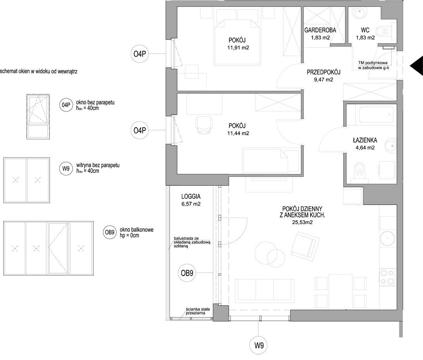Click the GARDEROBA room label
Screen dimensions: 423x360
click(x=320, y=30)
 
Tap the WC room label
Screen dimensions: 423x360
click(x=365, y=30)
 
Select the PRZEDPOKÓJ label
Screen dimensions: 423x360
click(x=323, y=72)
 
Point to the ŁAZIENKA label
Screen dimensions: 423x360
click(x=365, y=140)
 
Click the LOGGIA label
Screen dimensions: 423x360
click(x=191, y=197)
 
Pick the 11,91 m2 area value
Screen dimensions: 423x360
click(x=238, y=48)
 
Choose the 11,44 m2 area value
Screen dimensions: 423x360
click(x=238, y=133)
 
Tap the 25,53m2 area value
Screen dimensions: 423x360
click(x=302, y=223)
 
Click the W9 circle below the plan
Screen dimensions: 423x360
click(x=259, y=345)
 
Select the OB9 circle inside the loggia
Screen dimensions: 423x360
click(x=187, y=273)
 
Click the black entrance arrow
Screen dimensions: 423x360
click(x=416, y=66)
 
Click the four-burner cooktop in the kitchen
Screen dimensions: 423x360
click(x=387, y=278)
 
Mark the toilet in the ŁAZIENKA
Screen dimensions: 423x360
click(x=359, y=171)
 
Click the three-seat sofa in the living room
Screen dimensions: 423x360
click(x=265, y=291)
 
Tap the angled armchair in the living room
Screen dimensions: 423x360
click(x=305, y=247)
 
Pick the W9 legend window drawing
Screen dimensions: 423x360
click(x=26, y=180)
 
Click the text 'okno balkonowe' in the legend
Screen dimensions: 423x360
click(x=137, y=230)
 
